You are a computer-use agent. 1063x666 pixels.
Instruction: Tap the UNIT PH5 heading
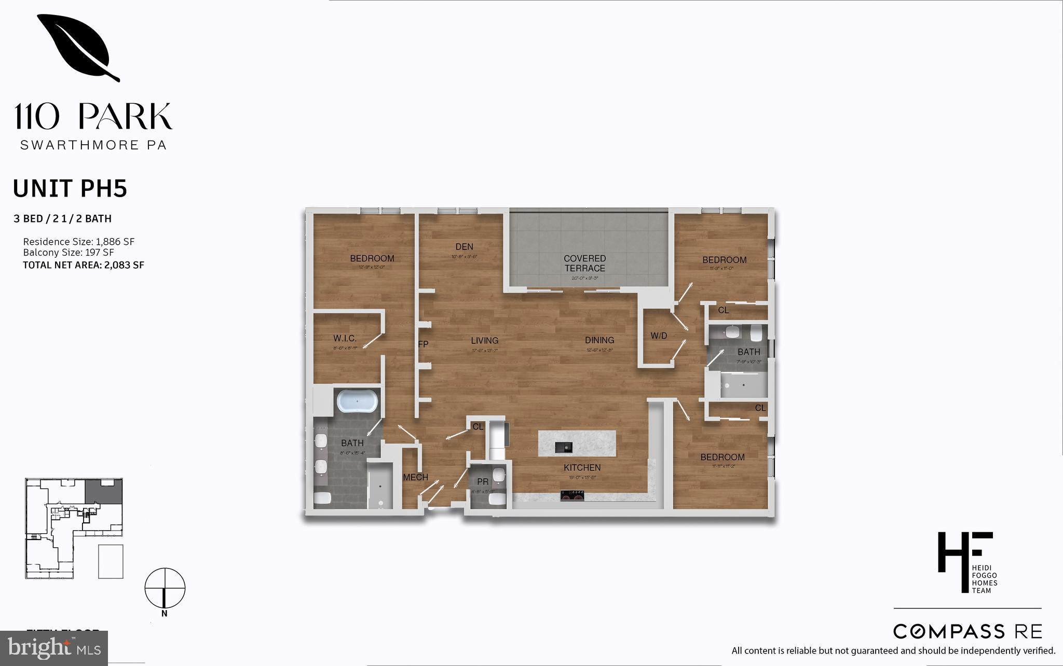[70, 189]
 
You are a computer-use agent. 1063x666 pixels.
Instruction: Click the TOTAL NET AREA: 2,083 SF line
[84, 265]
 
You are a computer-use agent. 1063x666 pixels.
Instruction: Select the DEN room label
[464, 247]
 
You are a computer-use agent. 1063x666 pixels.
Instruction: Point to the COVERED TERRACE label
[585, 263]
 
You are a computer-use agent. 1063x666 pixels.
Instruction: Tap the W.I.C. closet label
[345, 338]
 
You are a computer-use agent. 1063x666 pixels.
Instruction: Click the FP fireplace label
[423, 344]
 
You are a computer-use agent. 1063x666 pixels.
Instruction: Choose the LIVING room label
[484, 341]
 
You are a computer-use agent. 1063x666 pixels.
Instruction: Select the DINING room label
[599, 340]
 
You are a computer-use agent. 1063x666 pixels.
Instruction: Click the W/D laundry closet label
[659, 336]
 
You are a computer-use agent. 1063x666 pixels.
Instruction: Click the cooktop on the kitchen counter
[573, 496]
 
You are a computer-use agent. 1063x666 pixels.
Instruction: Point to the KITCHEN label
[582, 468]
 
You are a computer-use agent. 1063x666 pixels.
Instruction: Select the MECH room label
[416, 477]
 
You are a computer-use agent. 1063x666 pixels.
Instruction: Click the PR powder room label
[483, 482]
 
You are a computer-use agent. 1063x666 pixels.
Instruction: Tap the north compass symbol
[165, 589]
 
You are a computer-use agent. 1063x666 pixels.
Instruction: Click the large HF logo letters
[964, 559]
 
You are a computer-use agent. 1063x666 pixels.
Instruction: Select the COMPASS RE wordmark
[967, 632]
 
